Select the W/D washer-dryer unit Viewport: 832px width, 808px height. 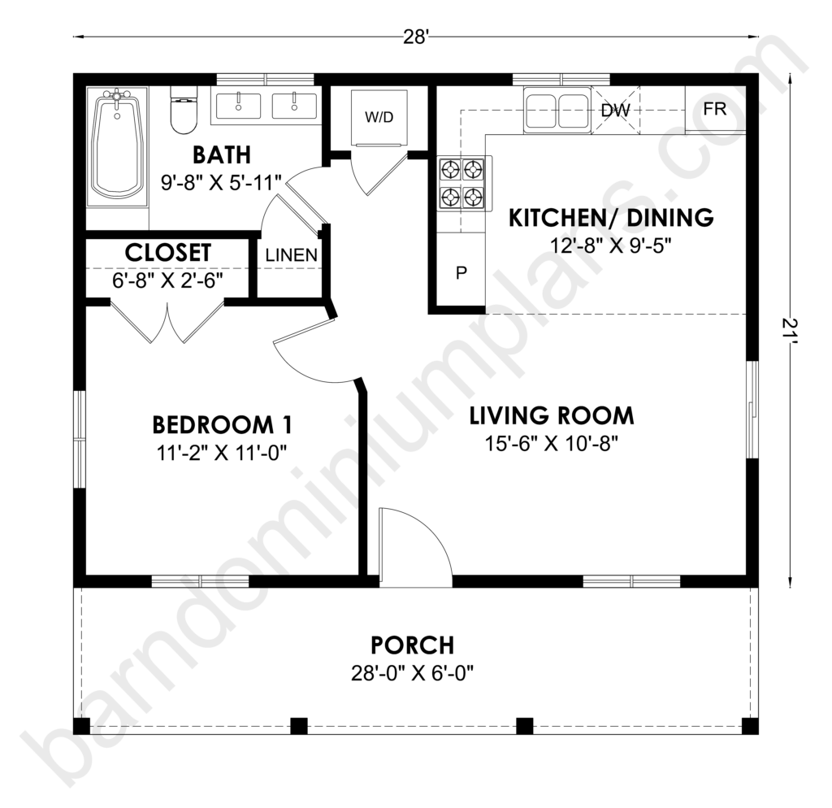pyautogui.click(x=379, y=117)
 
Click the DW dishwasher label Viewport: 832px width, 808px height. pyautogui.click(x=616, y=110)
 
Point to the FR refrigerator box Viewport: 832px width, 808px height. pyautogui.click(x=715, y=110)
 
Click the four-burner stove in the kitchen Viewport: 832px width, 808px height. pyautogui.click(x=461, y=183)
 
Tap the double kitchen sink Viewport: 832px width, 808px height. pyautogui.click(x=557, y=110)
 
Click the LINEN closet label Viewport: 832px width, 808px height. pyautogui.click(x=292, y=255)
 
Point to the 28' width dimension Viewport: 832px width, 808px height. pyautogui.click(x=415, y=37)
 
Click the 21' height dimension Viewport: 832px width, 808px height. pyautogui.click(x=790, y=330)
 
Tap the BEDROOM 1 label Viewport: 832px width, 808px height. pyautogui.click(x=222, y=424)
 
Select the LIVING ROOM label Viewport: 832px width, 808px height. pyautogui.click(x=552, y=415)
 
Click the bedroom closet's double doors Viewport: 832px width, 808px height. pyautogui.click(x=167, y=322)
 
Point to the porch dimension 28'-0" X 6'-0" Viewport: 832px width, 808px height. pyautogui.click(x=412, y=674)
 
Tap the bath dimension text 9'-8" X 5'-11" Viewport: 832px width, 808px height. pyautogui.click(x=221, y=183)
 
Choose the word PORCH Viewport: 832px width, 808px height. pyautogui.click(x=412, y=645)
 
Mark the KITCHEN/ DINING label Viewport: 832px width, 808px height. pyautogui.click(x=611, y=218)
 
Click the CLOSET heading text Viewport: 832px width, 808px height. pyautogui.click(x=167, y=253)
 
